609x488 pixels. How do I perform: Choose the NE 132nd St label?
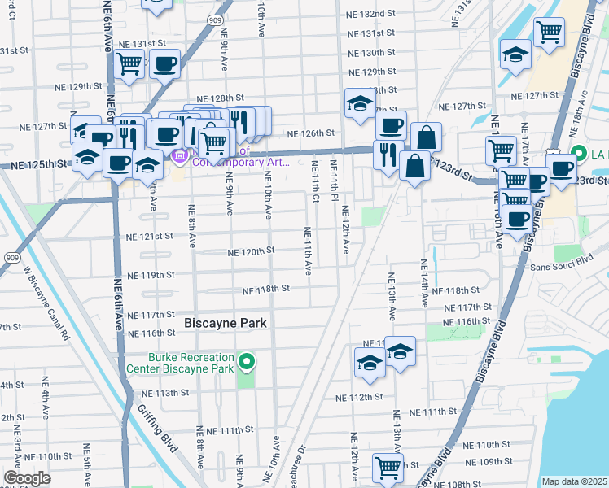pyautogui.click(x=370, y=15)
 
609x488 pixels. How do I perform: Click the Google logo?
pyautogui.click(x=28, y=478)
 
